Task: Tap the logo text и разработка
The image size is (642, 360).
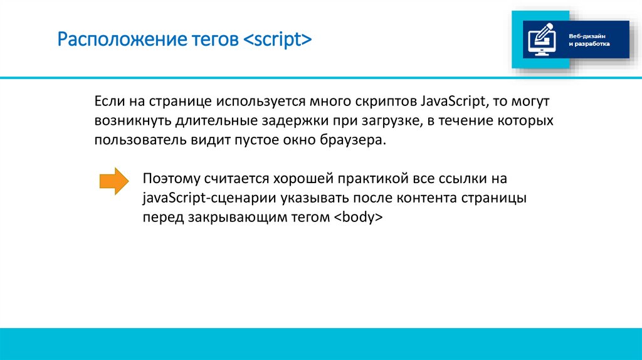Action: coord(589,45)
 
